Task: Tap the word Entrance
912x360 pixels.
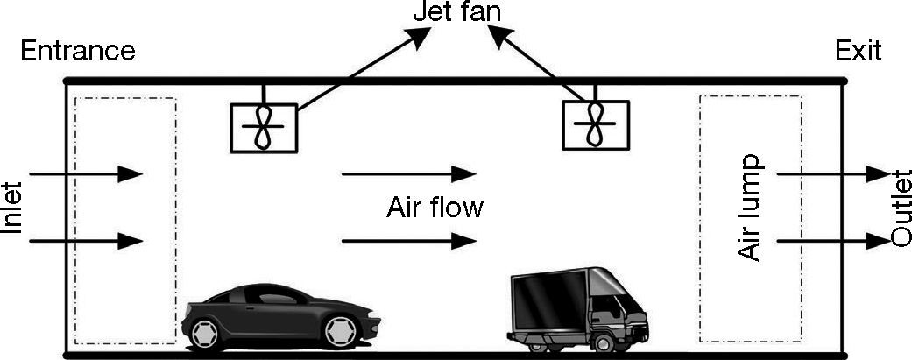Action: pyautogui.click(x=77, y=51)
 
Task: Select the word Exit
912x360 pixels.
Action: pyautogui.click(x=858, y=51)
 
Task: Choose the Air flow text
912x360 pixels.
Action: pyautogui.click(x=435, y=208)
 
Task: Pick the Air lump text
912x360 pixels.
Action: pyautogui.click(x=750, y=208)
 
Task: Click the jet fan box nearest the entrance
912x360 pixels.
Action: pyautogui.click(x=263, y=128)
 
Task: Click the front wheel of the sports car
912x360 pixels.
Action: pyautogui.click(x=341, y=330)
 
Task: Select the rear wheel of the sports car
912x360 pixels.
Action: pyautogui.click(x=203, y=331)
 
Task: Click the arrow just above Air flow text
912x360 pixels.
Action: pyautogui.click(x=408, y=173)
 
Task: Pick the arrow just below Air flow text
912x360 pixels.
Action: pyautogui.click(x=408, y=240)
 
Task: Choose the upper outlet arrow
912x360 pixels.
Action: pyautogui.click(x=833, y=173)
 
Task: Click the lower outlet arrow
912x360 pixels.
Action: pyautogui.click(x=833, y=239)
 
